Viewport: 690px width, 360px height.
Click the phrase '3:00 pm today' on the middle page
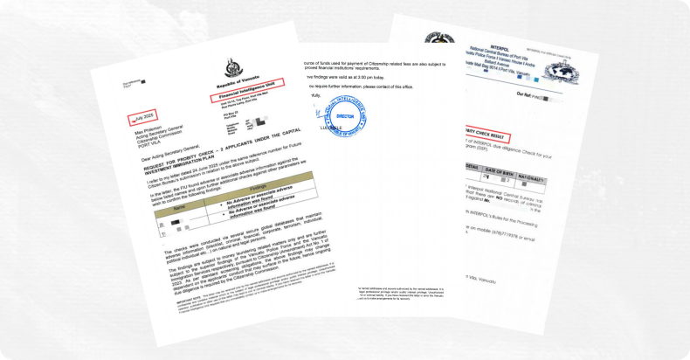[x=397, y=87]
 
